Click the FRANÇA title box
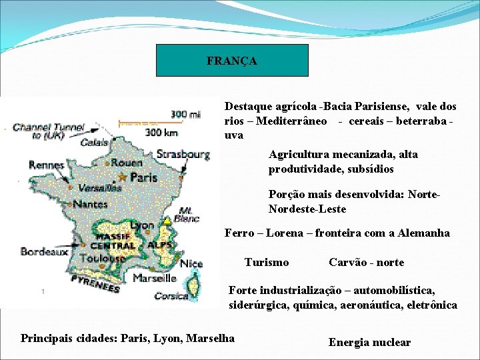pos(232,61)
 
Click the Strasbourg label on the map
pos(183,155)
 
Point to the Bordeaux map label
pos(44,251)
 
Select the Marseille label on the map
pos(154,278)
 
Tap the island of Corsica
pos(193,287)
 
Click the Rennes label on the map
pos(46,165)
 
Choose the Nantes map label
pos(91,205)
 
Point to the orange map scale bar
pos(139,123)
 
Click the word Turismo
pos(267,263)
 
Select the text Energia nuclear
pos(369,343)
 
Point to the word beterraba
pos(423,121)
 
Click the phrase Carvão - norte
pos(366,263)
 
